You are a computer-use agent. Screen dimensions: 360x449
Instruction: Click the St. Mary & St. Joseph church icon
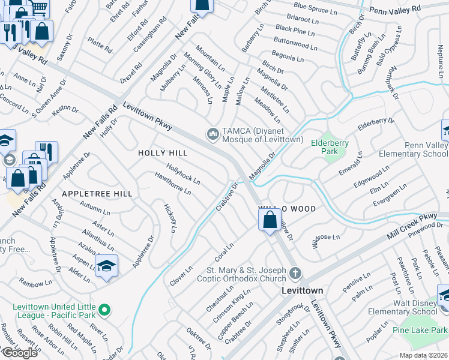[x=294, y=274]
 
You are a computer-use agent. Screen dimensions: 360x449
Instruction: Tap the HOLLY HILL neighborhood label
[x=160, y=153]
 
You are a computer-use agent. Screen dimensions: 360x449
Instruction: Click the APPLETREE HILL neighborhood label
[x=97, y=194]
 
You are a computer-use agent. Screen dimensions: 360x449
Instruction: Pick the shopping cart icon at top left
[x=39, y=7]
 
